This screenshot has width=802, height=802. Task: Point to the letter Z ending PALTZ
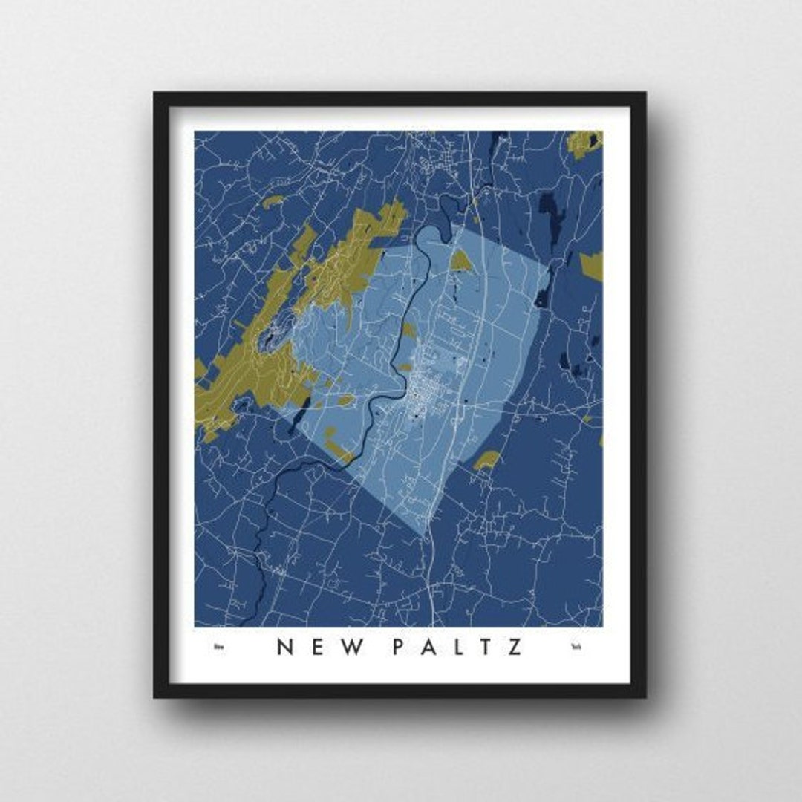pos(514,647)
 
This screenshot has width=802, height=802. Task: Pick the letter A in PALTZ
pos(431,647)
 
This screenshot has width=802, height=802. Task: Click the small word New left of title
pos(218,648)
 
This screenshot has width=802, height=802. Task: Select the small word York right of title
pos(576,648)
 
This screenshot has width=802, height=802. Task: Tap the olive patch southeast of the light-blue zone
pos(487,460)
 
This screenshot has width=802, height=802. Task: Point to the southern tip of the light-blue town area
pos(424,532)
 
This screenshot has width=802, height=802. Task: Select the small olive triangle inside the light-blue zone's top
pos(460,261)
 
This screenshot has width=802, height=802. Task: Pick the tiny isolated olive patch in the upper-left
pos(273,200)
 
